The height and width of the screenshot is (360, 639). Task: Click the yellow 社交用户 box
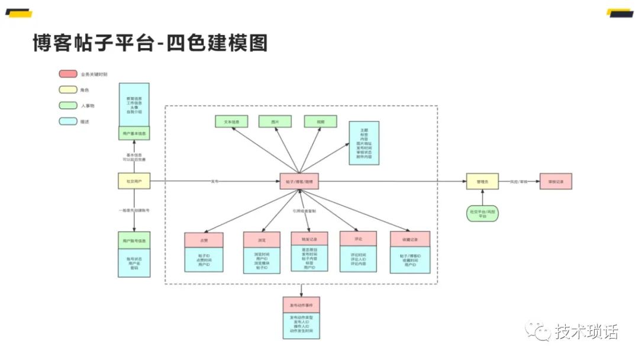[134, 181]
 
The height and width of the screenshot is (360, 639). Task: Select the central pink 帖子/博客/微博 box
[299, 181]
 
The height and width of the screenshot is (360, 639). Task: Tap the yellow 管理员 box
[482, 181]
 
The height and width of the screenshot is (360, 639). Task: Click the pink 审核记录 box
[556, 181]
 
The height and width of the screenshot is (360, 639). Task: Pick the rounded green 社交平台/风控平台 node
[482, 214]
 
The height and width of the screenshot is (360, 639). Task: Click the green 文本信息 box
[231, 121]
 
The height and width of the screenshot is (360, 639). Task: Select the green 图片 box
[275, 121]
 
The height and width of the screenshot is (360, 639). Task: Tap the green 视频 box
[320, 121]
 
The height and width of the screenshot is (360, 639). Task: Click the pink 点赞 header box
[204, 240]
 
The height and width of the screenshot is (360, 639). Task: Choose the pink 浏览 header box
[262, 240]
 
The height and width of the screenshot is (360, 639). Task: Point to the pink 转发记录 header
[309, 238]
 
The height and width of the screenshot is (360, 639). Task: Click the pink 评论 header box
[358, 239]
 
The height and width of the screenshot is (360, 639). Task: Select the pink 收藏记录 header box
[410, 239]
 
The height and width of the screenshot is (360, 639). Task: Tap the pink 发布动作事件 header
[301, 304]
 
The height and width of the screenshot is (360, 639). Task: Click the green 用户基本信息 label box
[134, 134]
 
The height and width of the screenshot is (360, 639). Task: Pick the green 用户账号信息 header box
[134, 240]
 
